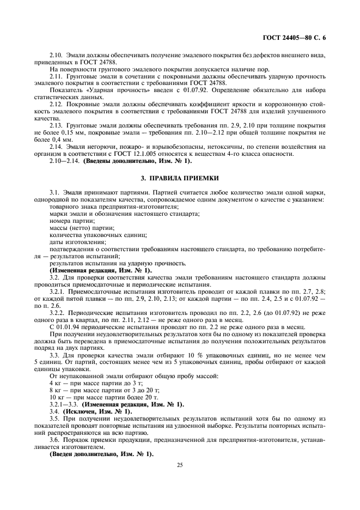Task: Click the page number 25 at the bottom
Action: (x=180, y=465)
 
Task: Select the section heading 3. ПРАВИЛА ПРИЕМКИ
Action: (x=180, y=178)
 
